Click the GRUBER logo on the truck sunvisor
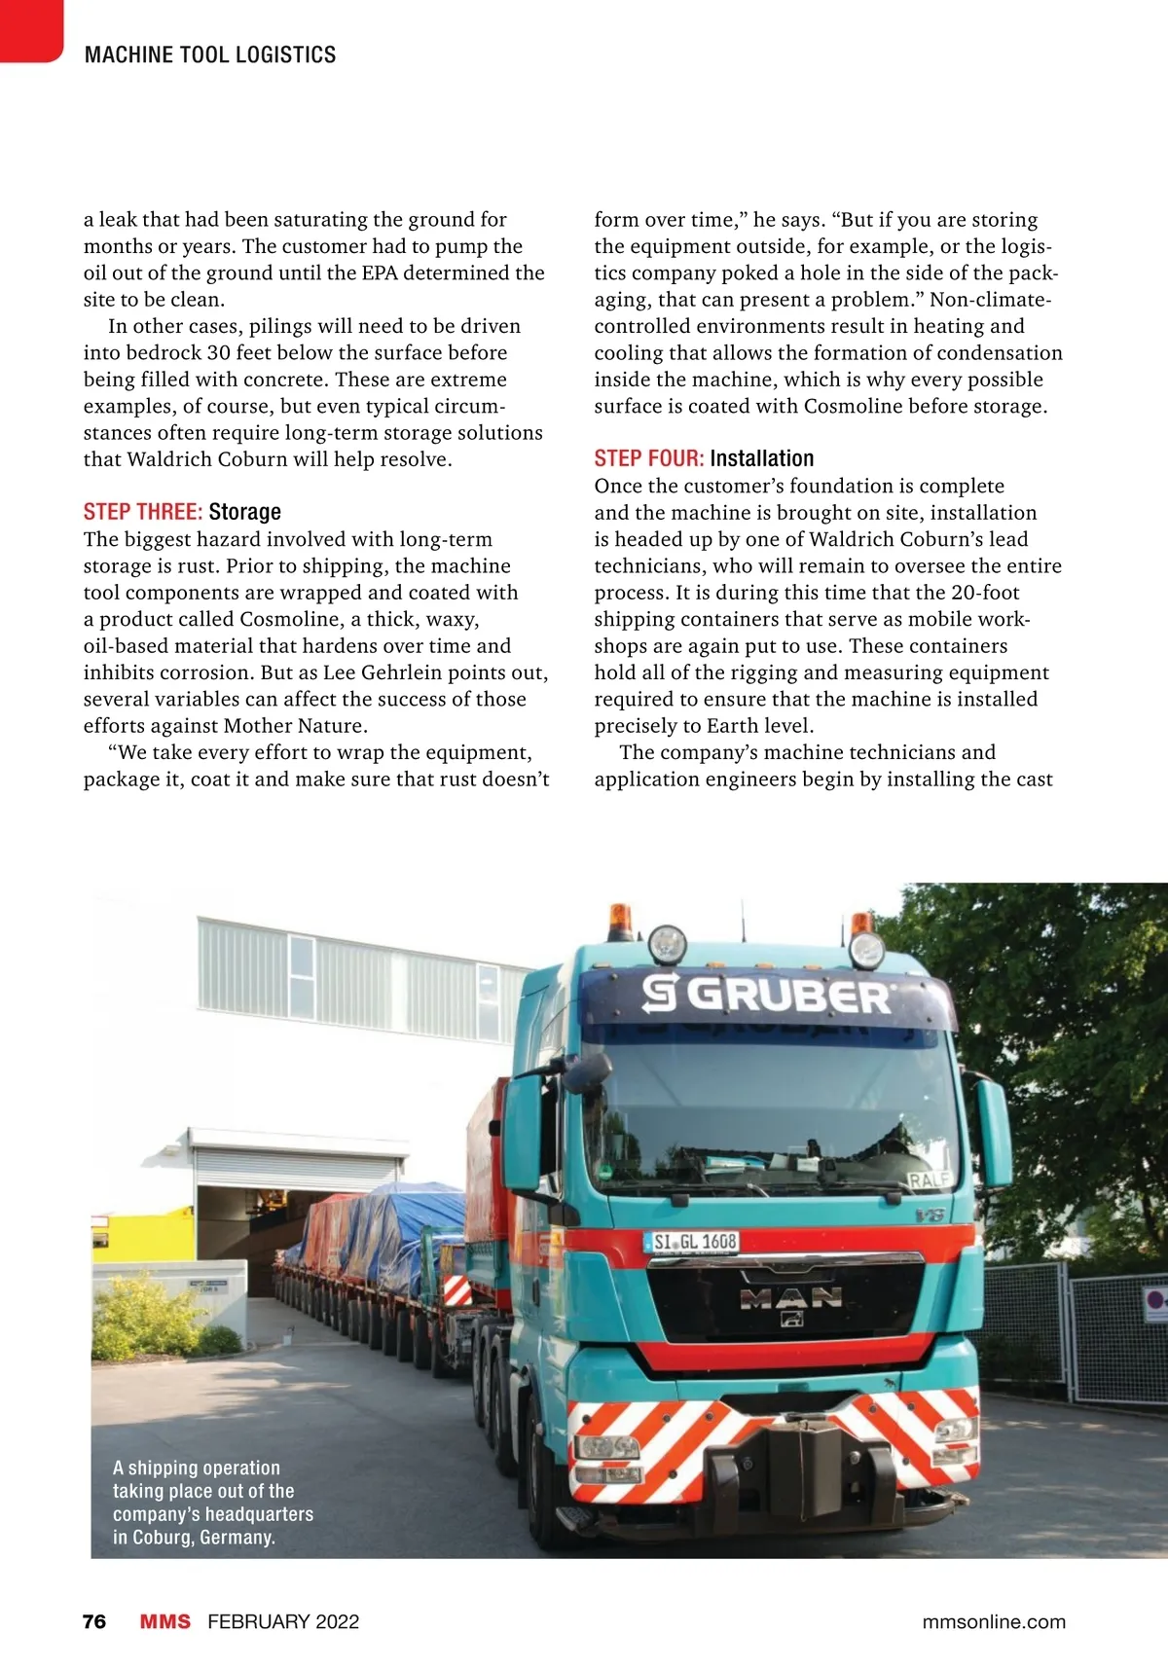pyautogui.click(x=766, y=995)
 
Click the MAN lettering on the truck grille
pyautogui.click(x=790, y=1296)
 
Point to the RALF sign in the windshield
pyautogui.click(x=929, y=1180)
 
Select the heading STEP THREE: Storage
pyautogui.click(x=182, y=512)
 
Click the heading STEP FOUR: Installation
pyautogui.click(x=704, y=458)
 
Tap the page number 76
pyautogui.click(x=94, y=1621)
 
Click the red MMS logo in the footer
pyautogui.click(x=164, y=1621)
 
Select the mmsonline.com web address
pyautogui.click(x=993, y=1621)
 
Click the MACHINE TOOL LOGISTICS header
pyautogui.click(x=210, y=54)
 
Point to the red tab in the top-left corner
pyautogui.click(x=29, y=29)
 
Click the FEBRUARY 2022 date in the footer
pyautogui.click(x=283, y=1621)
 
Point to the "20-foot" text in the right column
pyautogui.click(x=985, y=593)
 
